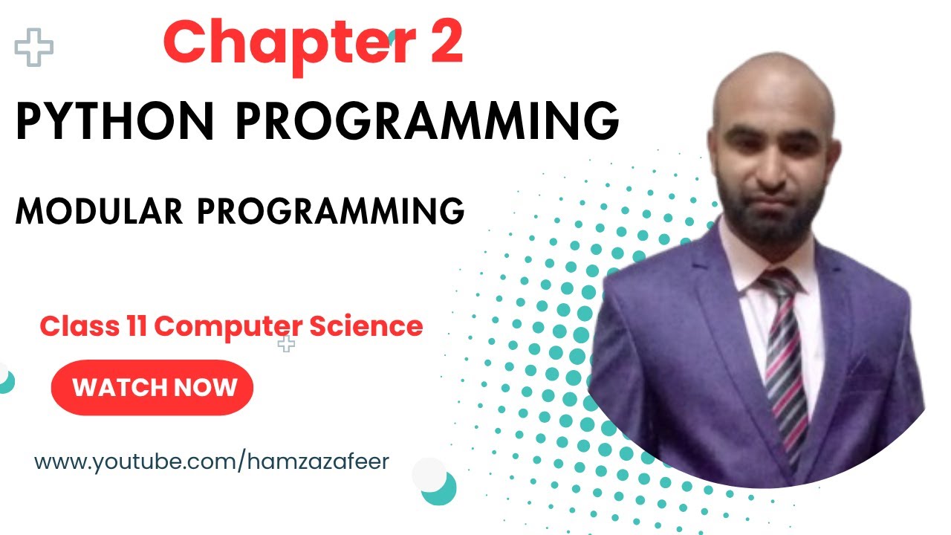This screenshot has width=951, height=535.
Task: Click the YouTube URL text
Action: click(x=212, y=461)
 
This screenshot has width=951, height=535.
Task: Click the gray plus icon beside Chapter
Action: click(x=34, y=48)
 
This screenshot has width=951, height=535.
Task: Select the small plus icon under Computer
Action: click(x=286, y=343)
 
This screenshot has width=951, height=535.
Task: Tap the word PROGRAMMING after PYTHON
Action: click(x=429, y=121)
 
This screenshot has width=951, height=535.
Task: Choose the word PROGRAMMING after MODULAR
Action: click(x=331, y=212)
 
